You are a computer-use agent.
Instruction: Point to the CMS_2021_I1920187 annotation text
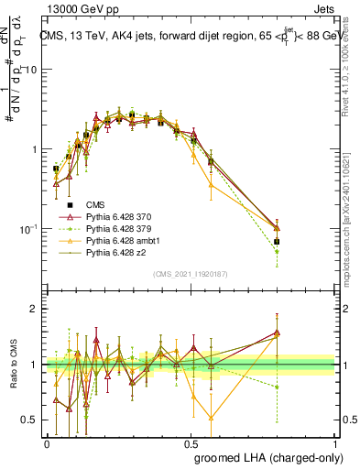(191, 272)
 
